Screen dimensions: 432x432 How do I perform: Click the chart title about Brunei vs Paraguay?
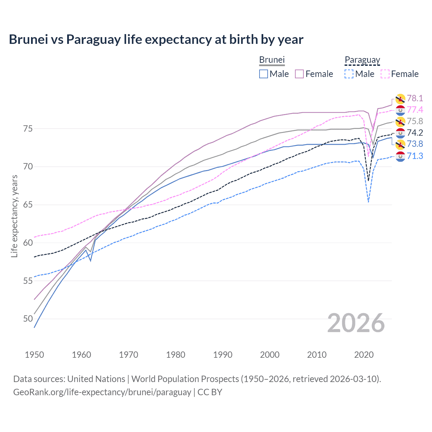(156, 39)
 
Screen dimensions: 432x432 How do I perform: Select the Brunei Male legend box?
(264, 74)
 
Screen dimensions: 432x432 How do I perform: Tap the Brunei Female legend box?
(299, 74)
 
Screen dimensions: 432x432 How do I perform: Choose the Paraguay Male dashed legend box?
(349, 74)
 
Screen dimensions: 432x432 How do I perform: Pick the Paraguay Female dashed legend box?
(385, 74)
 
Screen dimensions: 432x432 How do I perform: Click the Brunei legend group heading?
(272, 60)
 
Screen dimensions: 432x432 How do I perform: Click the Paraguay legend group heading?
(362, 60)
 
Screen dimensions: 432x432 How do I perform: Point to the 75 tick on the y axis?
(28, 129)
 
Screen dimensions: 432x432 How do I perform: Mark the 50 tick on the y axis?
(28, 319)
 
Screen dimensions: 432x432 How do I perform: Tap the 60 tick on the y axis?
(28, 243)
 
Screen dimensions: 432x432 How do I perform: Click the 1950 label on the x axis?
(34, 355)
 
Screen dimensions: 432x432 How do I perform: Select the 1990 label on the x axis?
(223, 355)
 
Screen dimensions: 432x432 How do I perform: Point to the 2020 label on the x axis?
(364, 355)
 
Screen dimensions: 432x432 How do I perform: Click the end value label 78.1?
(415, 98)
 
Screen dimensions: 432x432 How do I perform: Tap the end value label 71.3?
(415, 156)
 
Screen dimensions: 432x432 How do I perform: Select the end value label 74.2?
(415, 133)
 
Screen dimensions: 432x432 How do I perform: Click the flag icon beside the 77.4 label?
(400, 110)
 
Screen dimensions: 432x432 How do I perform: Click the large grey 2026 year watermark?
(356, 323)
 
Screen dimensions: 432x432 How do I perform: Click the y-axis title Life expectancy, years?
(14, 216)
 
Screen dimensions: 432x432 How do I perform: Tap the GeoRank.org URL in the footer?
(102, 392)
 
